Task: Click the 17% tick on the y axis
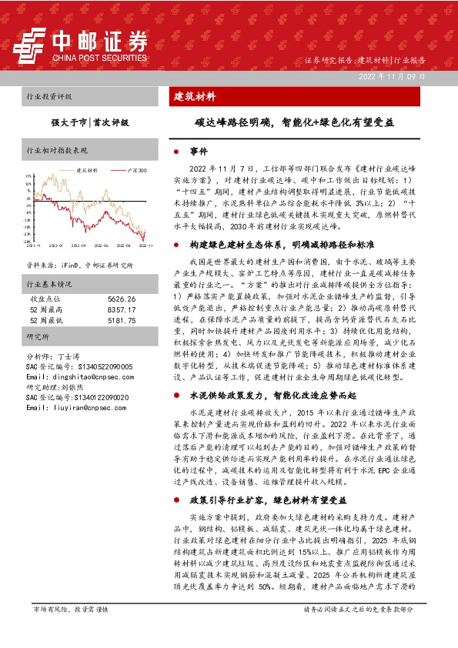pos(28,175)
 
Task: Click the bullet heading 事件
pos(199,152)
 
